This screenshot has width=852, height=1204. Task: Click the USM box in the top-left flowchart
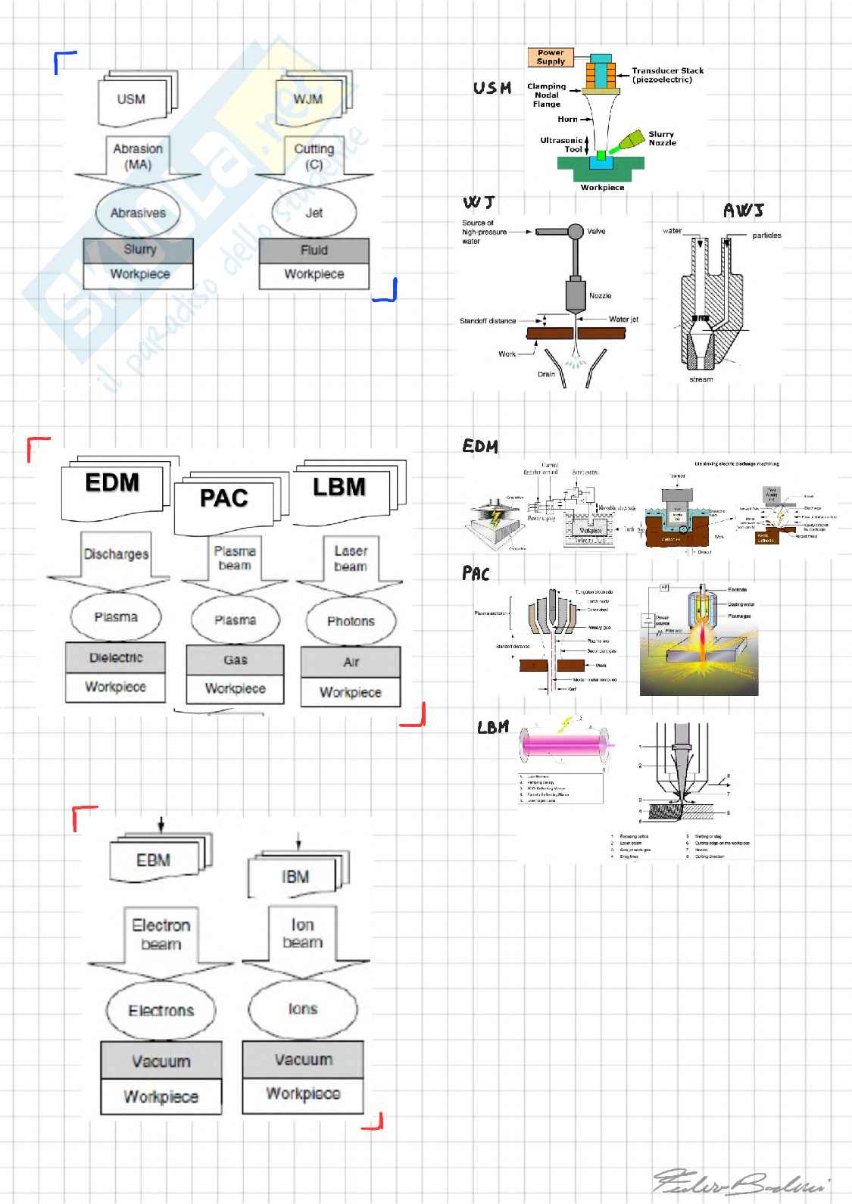coord(131,99)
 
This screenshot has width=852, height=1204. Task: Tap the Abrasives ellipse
coord(138,213)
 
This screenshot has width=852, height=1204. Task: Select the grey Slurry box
coord(139,250)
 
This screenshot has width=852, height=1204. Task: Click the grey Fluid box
coord(314,251)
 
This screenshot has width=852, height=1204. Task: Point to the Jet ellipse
coord(314,213)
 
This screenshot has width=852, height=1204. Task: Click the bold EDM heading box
coord(112,485)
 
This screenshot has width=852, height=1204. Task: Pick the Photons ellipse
coord(351,621)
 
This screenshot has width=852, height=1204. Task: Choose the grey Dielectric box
coord(116,658)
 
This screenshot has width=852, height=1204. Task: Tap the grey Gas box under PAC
coord(235,660)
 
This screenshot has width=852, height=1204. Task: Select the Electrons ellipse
coord(161,1010)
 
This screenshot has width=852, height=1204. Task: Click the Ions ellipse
coord(302,1009)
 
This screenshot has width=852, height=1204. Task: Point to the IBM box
coord(295,876)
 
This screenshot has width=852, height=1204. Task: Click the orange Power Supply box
coord(551,58)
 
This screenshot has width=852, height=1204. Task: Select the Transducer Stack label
coord(667,75)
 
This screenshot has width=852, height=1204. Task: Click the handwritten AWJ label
coord(743,211)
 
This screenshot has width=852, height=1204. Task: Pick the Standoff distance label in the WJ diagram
coord(487,321)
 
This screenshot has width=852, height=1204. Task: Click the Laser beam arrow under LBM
coord(350,560)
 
